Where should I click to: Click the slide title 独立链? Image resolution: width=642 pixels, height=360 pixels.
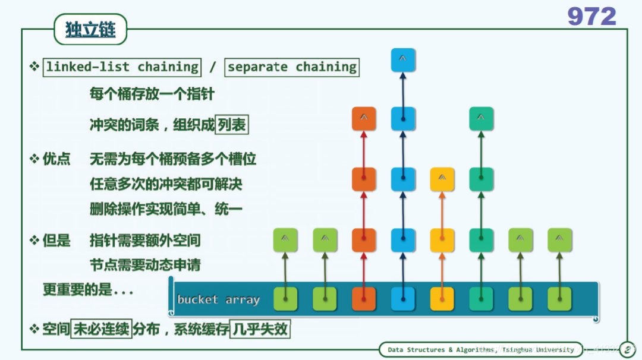[x=90, y=30]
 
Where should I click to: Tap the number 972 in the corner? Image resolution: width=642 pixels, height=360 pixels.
[x=591, y=16]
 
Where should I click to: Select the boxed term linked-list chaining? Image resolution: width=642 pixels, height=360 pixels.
[x=122, y=67]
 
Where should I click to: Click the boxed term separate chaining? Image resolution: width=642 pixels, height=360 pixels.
[x=292, y=67]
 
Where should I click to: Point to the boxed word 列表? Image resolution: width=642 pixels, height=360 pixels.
[x=232, y=125]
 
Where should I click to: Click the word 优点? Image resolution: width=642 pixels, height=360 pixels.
[x=56, y=159]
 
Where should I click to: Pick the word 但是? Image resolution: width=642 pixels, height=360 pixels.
[x=56, y=241]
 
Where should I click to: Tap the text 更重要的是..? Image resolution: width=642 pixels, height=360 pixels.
[x=88, y=290]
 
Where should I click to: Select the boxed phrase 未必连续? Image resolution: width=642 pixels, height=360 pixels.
[x=102, y=329]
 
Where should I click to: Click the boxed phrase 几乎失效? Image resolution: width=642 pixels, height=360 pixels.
[x=260, y=329]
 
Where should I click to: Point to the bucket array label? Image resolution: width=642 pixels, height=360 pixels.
[x=218, y=299]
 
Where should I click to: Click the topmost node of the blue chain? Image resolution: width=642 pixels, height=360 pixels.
[x=403, y=60]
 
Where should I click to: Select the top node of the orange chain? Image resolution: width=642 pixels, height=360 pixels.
[x=364, y=119]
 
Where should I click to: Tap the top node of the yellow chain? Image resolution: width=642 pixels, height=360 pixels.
[x=442, y=179]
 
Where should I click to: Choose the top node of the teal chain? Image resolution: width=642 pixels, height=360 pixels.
[x=481, y=119]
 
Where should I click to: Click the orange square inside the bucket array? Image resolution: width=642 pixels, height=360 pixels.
[x=364, y=299]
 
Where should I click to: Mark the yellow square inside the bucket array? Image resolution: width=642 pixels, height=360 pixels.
[x=442, y=299]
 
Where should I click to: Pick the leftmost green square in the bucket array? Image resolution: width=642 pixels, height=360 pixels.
[x=285, y=299]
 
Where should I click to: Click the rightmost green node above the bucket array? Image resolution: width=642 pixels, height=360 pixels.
[x=559, y=239]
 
